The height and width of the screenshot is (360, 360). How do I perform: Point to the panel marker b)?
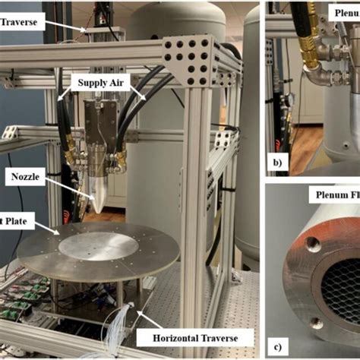coord(278,161)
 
